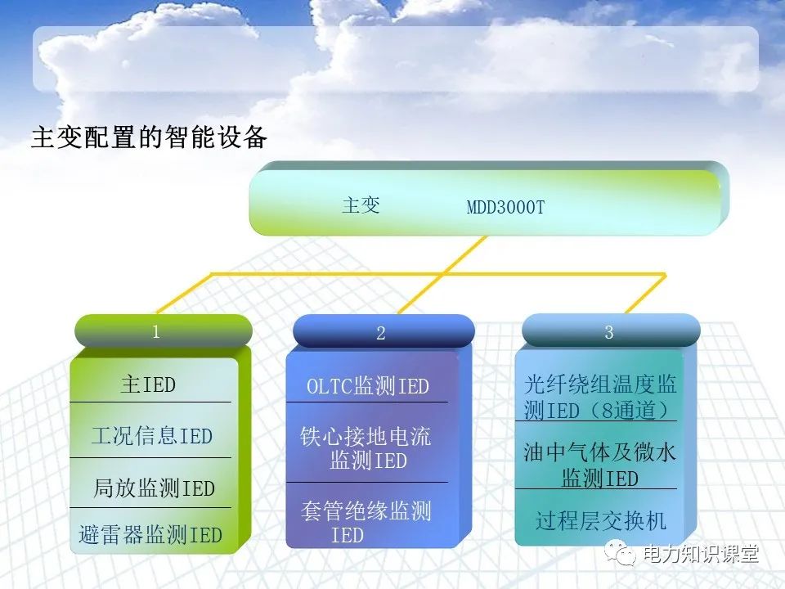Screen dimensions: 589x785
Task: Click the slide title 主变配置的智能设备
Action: click(149, 137)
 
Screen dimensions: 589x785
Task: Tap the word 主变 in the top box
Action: click(361, 205)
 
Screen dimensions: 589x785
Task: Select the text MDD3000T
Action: click(505, 208)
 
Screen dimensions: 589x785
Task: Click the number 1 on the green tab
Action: click(156, 332)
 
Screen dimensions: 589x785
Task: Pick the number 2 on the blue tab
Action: click(381, 333)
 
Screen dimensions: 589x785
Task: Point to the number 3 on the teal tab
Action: click(609, 332)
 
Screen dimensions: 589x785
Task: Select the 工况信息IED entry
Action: click(151, 435)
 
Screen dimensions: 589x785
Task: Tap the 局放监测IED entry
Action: click(154, 488)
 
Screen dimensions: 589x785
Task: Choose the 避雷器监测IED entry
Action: click(150, 536)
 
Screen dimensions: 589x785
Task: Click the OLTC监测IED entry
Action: click(367, 386)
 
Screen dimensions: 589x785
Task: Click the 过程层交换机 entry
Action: click(601, 520)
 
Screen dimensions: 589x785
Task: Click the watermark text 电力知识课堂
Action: click(702, 555)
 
